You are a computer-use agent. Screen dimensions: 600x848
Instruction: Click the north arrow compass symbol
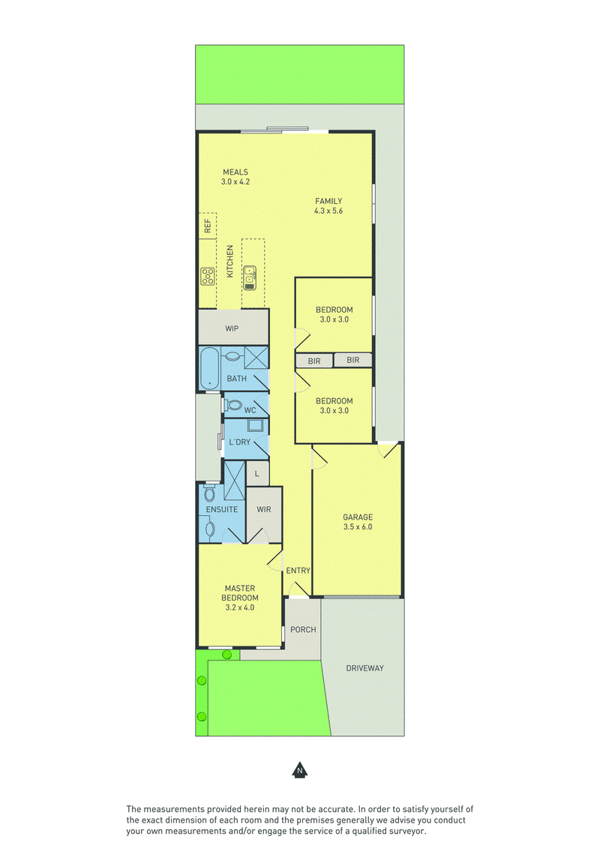pos(300,770)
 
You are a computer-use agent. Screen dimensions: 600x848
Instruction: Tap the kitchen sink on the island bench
pos(250,277)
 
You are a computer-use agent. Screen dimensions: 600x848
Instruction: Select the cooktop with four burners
pos(208,277)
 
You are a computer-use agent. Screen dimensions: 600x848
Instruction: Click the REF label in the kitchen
pos(208,226)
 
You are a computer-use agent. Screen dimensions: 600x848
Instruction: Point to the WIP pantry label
pos(232,328)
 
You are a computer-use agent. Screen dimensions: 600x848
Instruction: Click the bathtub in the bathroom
pos(209,367)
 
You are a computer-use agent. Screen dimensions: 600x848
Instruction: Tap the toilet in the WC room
pos(233,405)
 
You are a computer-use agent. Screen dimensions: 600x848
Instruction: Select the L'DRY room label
pos(240,442)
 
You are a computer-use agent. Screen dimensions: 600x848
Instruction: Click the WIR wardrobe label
pos(264,509)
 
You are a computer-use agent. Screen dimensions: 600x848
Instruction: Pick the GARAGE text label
pos(358,517)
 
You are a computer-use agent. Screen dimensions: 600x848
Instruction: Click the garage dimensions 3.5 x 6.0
pos(358,527)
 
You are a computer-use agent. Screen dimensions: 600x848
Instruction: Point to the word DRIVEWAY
pos(364,669)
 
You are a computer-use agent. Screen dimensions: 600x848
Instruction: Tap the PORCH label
pos(303,630)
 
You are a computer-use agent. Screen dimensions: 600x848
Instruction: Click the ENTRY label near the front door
pos(298,571)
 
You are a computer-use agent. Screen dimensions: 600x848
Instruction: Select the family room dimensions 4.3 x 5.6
pos(328,211)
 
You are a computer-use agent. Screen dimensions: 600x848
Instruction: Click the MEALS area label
pos(235,172)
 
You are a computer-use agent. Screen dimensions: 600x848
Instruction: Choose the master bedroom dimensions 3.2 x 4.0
pos(240,607)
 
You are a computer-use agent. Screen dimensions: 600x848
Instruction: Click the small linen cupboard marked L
pos(257,474)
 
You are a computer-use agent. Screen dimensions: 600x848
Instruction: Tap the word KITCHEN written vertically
pos(230,262)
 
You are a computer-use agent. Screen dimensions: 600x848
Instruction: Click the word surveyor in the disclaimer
pos(408,831)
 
